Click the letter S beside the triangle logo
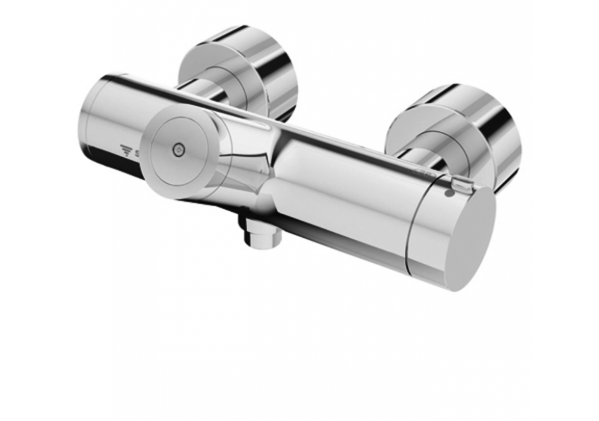pyautogui.click(x=136, y=153)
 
